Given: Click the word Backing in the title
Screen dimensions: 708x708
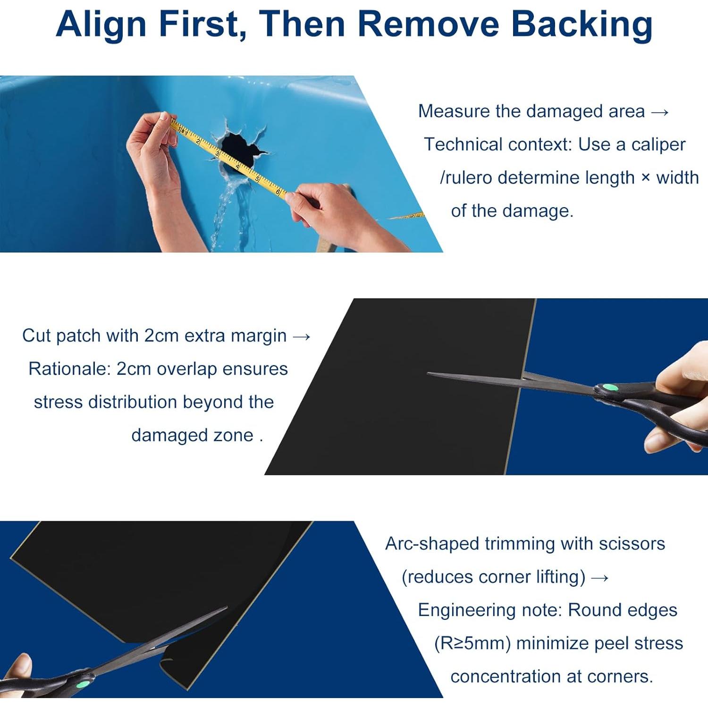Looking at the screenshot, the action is click(x=582, y=25).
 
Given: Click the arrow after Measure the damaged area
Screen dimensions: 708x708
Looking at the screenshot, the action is click(x=660, y=112).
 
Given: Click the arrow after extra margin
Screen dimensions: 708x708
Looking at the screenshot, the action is click(x=302, y=337).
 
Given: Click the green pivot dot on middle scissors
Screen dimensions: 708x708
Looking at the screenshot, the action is click(x=611, y=388).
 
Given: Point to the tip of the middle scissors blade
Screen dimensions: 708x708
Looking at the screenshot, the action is click(x=428, y=374).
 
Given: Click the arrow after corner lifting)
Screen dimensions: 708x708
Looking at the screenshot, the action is click(x=599, y=578).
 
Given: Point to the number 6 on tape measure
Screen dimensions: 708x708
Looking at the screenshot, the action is click(x=278, y=191).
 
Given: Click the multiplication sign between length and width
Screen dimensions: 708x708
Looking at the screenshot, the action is click(x=646, y=178).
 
